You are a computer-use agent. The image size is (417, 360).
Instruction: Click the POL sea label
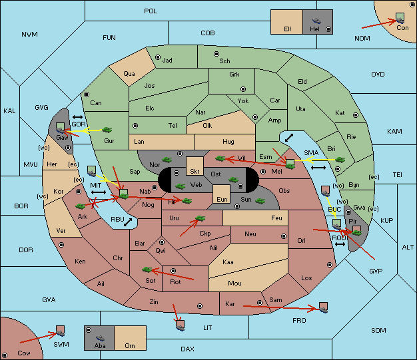(151, 11)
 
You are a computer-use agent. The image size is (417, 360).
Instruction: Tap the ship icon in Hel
(316, 21)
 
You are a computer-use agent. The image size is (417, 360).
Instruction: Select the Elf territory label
(288, 29)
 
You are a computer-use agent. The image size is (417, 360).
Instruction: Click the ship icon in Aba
(100, 337)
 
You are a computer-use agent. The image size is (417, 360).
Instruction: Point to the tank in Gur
(107, 130)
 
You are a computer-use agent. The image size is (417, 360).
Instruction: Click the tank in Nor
(167, 160)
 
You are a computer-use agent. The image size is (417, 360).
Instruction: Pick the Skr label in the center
(195, 172)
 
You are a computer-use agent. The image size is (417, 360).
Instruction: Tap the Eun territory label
(222, 199)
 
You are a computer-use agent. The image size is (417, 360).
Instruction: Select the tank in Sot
(147, 270)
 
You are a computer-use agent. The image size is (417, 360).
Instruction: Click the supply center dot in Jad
(158, 57)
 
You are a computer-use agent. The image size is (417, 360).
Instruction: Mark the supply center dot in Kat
(356, 115)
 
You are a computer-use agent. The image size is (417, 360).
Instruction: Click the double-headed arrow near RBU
(128, 222)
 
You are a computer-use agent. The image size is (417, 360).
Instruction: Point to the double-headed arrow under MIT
(99, 192)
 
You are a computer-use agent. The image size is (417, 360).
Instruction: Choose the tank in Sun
(260, 201)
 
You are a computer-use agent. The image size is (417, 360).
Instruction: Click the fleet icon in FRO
(323, 307)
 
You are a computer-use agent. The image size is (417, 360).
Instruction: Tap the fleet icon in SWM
(61, 331)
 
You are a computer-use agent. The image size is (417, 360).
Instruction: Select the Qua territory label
(129, 74)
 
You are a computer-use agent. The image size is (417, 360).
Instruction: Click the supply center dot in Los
(330, 265)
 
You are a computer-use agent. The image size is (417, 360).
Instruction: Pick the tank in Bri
(340, 160)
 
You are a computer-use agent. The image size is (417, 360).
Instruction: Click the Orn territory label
(130, 345)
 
